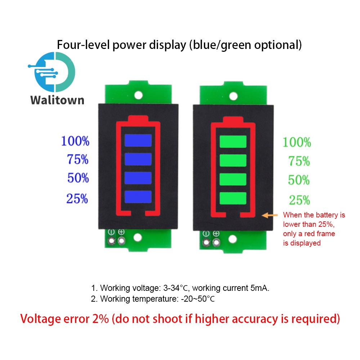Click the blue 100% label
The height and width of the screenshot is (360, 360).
[75, 141]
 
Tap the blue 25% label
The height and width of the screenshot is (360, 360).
[77, 198]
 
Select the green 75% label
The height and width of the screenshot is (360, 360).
[299, 161]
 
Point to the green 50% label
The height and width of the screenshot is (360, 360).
[299, 180]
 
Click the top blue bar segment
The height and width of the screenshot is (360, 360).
[138, 140]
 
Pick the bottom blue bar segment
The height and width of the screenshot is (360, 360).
[138, 197]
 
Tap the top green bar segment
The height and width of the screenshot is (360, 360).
[233, 141]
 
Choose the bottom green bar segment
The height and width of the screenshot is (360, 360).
[233, 198]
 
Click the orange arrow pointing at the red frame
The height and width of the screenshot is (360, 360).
[270, 215]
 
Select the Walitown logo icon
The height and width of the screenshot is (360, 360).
[54, 71]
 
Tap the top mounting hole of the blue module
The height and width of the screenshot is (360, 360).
[138, 95]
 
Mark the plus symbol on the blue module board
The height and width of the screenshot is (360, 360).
[121, 233]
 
